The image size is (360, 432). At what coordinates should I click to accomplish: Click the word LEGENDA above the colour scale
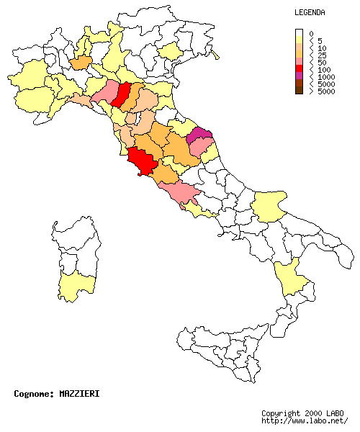pos(310,13)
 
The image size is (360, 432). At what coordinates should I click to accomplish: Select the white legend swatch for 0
pos(299,33)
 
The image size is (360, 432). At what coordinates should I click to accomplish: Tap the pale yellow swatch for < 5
pos(299,40)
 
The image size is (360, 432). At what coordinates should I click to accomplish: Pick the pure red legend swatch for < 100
pos(299,69)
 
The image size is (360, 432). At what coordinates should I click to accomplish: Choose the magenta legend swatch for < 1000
pos(299,76)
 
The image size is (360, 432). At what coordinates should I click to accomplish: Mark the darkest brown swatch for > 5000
pos(299,91)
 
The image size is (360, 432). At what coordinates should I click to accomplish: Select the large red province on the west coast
pos(142,161)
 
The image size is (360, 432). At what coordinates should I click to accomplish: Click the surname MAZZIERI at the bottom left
pos(79,394)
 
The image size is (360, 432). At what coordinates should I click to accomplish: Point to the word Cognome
pos(32,394)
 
